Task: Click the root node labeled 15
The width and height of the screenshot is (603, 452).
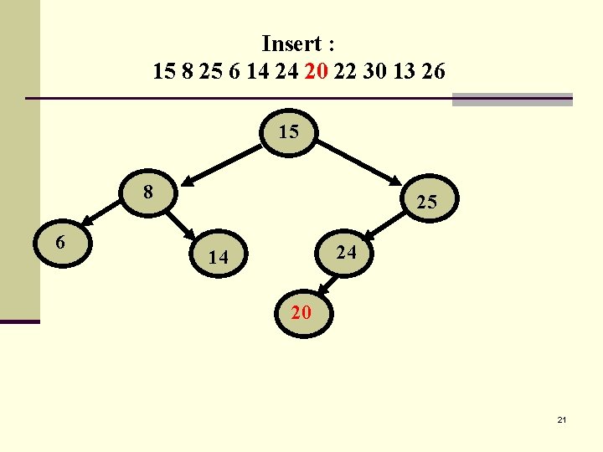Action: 289,133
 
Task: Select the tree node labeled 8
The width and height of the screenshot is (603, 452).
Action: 148,193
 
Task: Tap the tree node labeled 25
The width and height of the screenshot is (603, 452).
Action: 426,202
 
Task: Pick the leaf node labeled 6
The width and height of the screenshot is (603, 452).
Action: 60,244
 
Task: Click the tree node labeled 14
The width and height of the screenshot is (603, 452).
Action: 218,258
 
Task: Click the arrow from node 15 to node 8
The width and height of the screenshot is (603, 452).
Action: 222,162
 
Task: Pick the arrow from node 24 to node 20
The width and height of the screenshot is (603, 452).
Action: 322,283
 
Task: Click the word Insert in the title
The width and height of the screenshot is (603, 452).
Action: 292,43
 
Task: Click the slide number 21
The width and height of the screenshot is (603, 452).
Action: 561,419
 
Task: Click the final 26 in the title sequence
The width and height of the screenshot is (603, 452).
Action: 434,72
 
